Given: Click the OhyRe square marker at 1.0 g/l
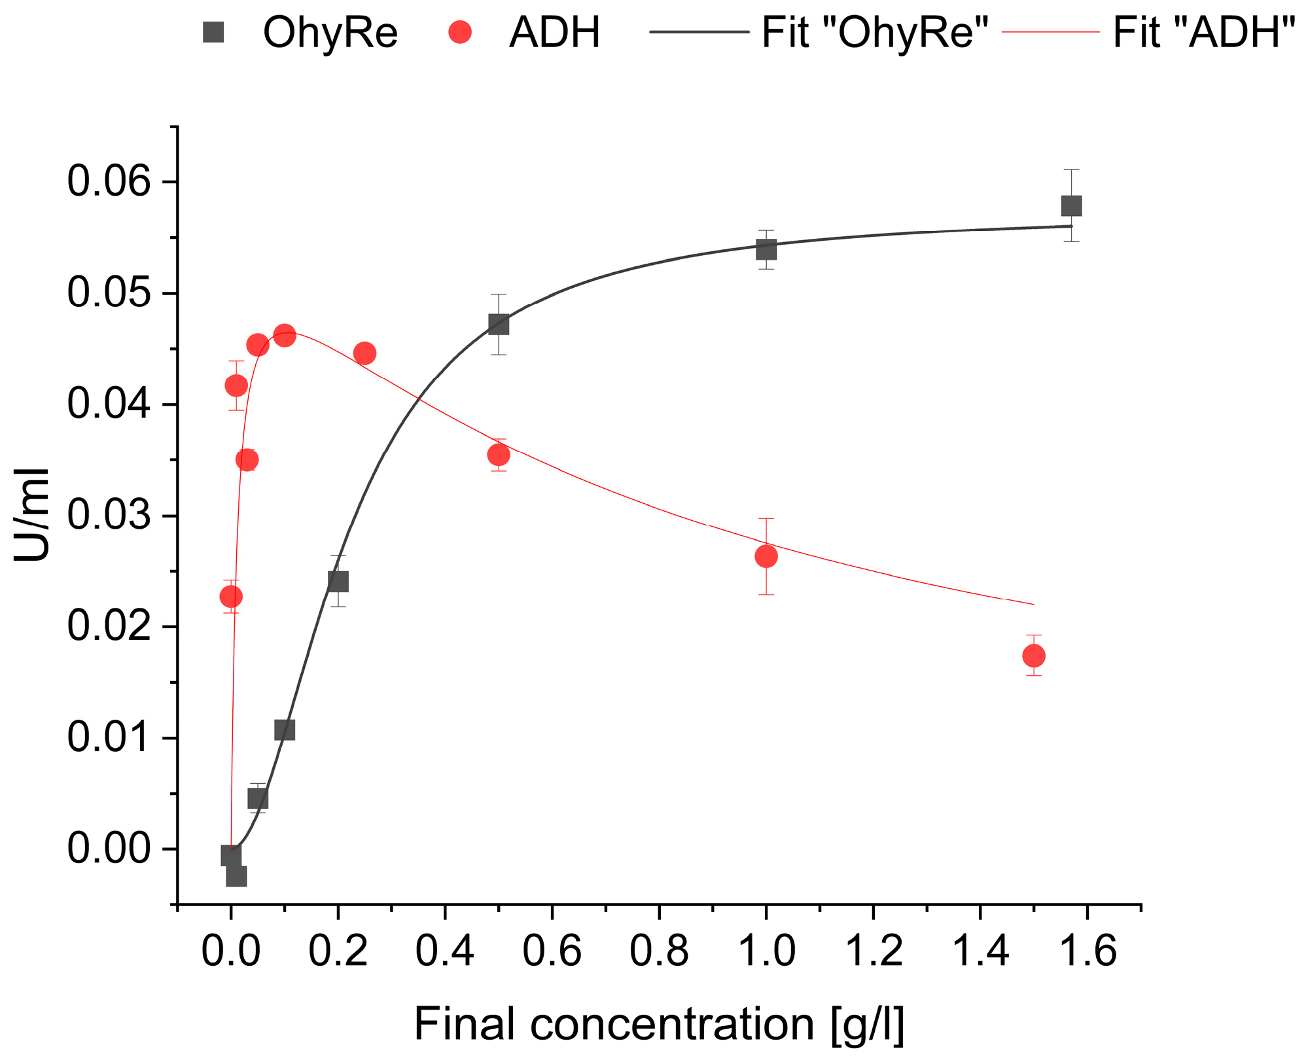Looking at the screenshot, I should [766, 249].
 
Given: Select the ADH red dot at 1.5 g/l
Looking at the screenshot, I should [1033, 656].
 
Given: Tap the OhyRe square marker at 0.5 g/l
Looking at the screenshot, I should [499, 325].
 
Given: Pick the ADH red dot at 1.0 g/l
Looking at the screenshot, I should [766, 556].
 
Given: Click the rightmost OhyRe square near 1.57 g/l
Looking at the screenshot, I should [1071, 206].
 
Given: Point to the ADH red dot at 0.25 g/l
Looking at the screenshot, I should [364, 353].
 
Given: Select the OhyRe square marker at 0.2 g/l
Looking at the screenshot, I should [338, 581].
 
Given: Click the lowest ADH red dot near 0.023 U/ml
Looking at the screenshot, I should [231, 597].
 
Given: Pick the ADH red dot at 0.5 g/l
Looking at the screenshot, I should [499, 455].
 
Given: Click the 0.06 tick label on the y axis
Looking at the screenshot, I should [109, 182].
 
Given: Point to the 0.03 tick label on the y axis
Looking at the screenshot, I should [109, 516].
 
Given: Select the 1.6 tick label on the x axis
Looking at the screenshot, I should [1087, 951].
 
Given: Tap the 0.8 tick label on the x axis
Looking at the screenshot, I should [659, 951].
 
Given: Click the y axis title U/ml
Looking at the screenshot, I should [33, 515].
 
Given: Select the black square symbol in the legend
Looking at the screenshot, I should [213, 32].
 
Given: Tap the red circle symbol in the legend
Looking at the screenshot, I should [460, 32].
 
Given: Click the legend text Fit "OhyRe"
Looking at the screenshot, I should [875, 32].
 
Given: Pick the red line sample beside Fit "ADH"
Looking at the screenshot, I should [1051, 32].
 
